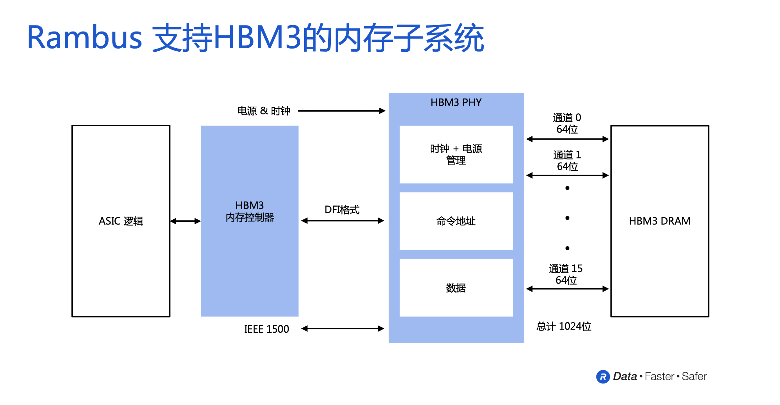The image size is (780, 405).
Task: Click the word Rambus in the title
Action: pyautogui.click(x=84, y=38)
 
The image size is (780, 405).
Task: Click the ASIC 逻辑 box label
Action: pyautogui.click(x=121, y=221)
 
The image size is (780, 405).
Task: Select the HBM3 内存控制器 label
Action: pyautogui.click(x=250, y=212)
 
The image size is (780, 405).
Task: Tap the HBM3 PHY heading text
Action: pyautogui.click(x=456, y=102)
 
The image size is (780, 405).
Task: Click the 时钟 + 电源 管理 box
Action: pyautogui.click(x=456, y=154)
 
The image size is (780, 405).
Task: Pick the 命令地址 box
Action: pyautogui.click(x=456, y=221)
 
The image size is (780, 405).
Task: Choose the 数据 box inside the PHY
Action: pyautogui.click(x=456, y=288)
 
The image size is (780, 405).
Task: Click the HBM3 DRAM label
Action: pyautogui.click(x=659, y=221)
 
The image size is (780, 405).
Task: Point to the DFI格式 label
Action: pyautogui.click(x=342, y=210)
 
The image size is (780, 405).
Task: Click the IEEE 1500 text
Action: pyautogui.click(x=266, y=329)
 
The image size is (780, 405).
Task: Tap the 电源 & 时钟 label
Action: pyautogui.click(x=263, y=111)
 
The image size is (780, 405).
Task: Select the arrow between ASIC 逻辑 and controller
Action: pyautogui.click(x=185, y=221)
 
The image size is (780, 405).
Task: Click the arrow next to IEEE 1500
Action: pyautogui.click(x=342, y=328)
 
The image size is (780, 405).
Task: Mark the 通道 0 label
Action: pyautogui.click(x=567, y=118)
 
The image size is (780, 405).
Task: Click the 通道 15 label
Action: pyautogui.click(x=565, y=269)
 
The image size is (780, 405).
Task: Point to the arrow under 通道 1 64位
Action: pyautogui.click(x=567, y=175)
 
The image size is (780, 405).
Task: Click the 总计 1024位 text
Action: pyautogui.click(x=564, y=326)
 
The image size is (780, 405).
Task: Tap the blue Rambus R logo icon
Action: pyautogui.click(x=603, y=377)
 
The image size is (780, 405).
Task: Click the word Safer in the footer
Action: pyautogui.click(x=694, y=376)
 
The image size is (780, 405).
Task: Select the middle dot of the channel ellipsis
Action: pyautogui.click(x=567, y=218)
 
